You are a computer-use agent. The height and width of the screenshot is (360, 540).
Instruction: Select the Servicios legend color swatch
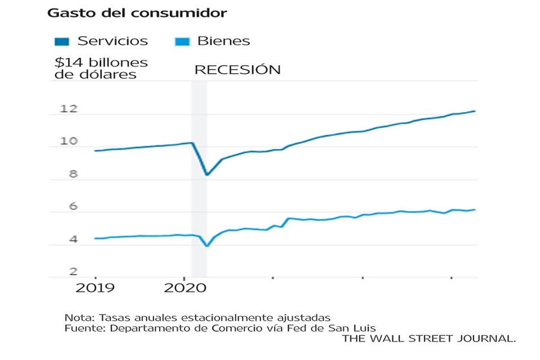(x=62, y=41)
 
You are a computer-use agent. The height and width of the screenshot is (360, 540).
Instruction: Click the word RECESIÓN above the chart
(x=237, y=70)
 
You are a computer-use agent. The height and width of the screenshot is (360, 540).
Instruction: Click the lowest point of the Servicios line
(x=206, y=175)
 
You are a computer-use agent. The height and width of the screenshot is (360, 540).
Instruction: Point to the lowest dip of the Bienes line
(x=206, y=246)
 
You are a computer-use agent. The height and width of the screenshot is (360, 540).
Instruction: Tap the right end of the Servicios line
(x=475, y=111)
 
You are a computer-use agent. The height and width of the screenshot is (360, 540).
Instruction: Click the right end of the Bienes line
(x=475, y=210)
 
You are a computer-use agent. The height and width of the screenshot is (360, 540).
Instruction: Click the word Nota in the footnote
(x=76, y=318)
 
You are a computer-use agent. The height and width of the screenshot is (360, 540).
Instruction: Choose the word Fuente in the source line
(x=80, y=328)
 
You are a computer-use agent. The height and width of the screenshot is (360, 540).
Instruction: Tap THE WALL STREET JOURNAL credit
(x=429, y=339)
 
